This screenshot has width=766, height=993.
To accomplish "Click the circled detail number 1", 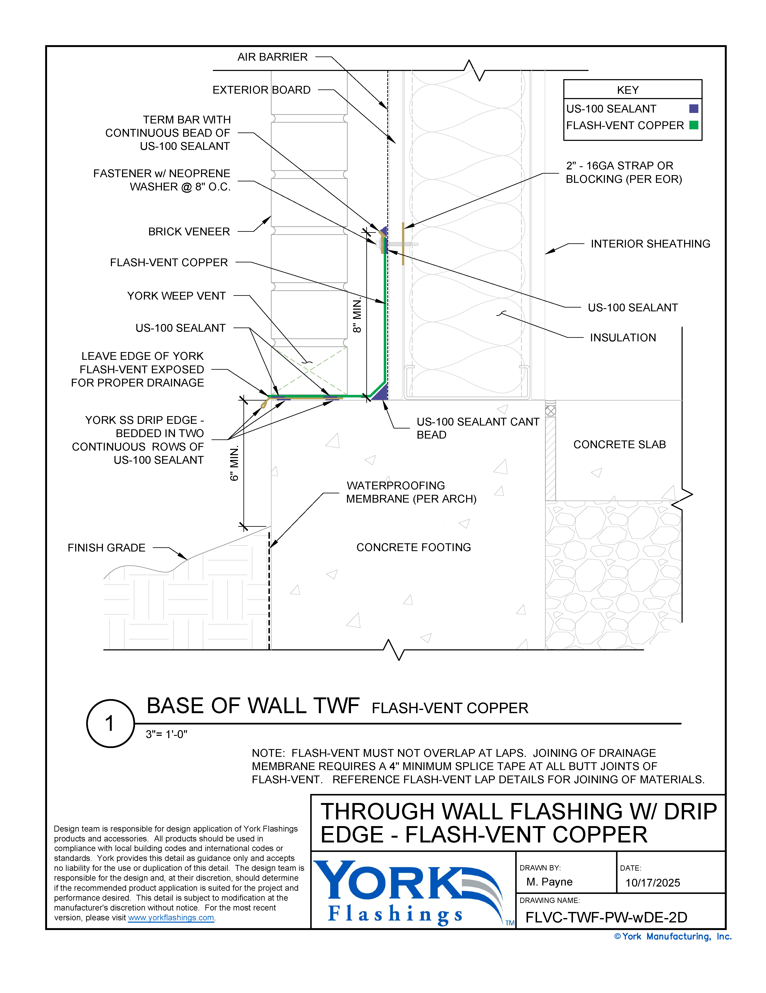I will (110, 723).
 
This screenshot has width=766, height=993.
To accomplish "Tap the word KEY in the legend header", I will (628, 90).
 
